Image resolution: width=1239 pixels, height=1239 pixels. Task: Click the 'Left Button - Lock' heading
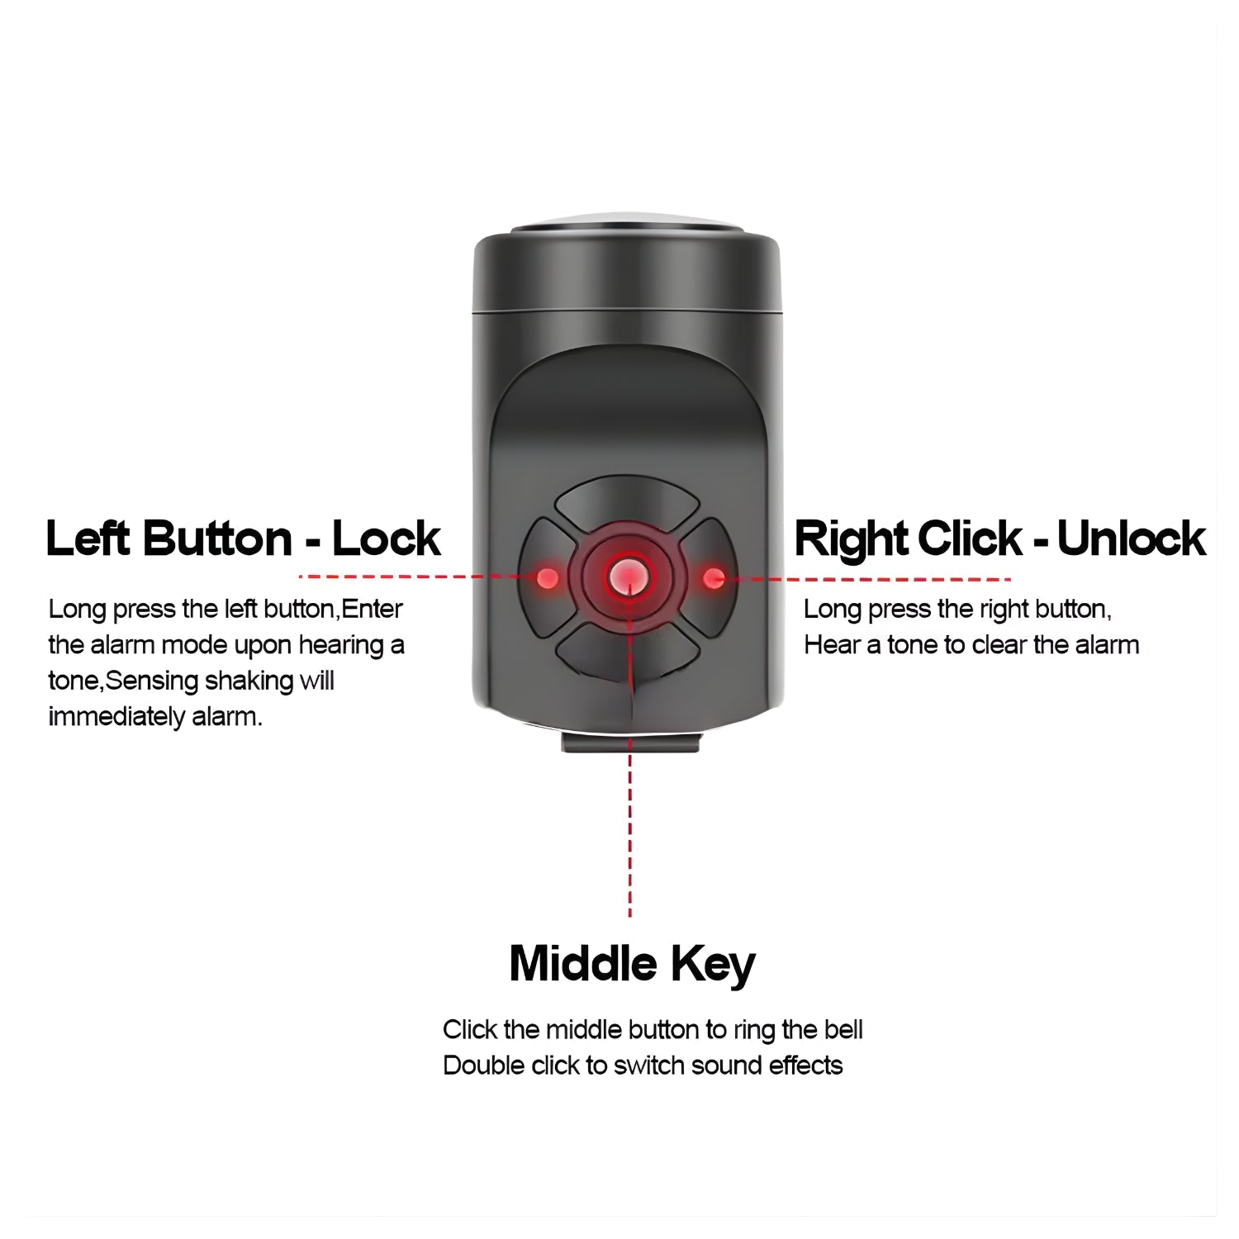(x=243, y=539)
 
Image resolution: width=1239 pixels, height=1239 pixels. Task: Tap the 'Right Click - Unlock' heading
(x=999, y=539)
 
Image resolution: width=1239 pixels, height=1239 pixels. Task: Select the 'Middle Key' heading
(x=632, y=964)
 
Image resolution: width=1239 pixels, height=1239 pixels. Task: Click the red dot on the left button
(x=546, y=577)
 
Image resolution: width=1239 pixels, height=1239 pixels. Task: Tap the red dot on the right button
(x=714, y=578)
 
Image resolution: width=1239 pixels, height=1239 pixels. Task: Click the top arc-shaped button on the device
(x=627, y=500)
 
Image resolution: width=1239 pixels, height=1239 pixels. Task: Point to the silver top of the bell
(x=628, y=224)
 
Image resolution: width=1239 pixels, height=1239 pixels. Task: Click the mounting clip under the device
(x=631, y=742)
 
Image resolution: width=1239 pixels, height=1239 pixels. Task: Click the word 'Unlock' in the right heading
(x=1131, y=539)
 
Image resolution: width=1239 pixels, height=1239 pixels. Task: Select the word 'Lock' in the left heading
(x=386, y=539)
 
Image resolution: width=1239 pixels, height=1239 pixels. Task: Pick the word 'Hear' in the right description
(x=832, y=644)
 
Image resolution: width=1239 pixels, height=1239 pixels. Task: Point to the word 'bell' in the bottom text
(x=843, y=1029)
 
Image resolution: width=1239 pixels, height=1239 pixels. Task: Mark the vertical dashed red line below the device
(x=630, y=827)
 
